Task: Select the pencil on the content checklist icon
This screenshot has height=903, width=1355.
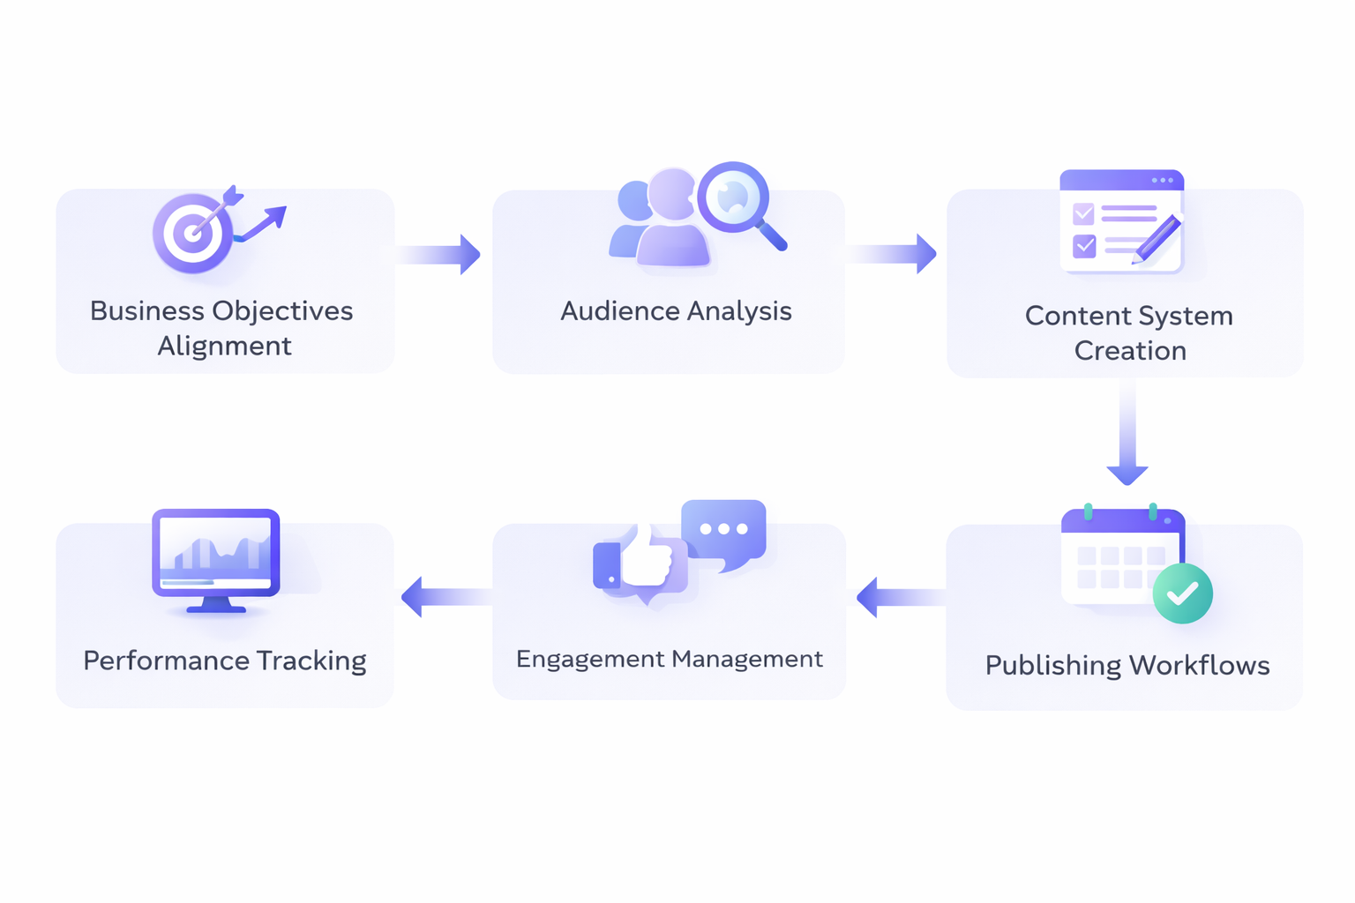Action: (x=1157, y=238)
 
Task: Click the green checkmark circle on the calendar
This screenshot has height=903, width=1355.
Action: (x=1182, y=593)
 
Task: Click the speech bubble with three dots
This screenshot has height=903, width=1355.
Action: (x=724, y=532)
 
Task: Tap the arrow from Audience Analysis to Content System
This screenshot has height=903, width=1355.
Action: (x=893, y=254)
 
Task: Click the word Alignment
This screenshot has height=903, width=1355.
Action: (x=224, y=347)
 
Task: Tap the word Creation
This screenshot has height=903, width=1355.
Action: (x=1130, y=351)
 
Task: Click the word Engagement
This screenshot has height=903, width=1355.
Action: (x=589, y=660)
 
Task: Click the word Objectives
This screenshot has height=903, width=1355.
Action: (x=282, y=311)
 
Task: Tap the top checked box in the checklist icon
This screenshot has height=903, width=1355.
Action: (x=1083, y=213)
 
